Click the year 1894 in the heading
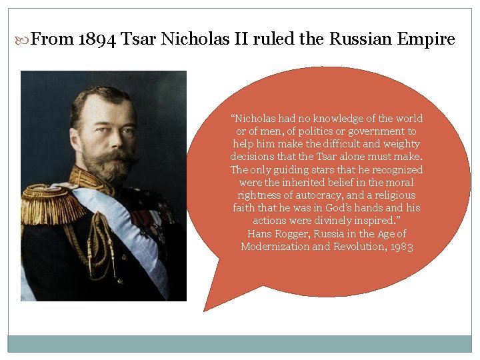click(x=97, y=39)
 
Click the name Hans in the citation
click(x=259, y=234)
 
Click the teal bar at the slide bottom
click(x=239, y=343)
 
